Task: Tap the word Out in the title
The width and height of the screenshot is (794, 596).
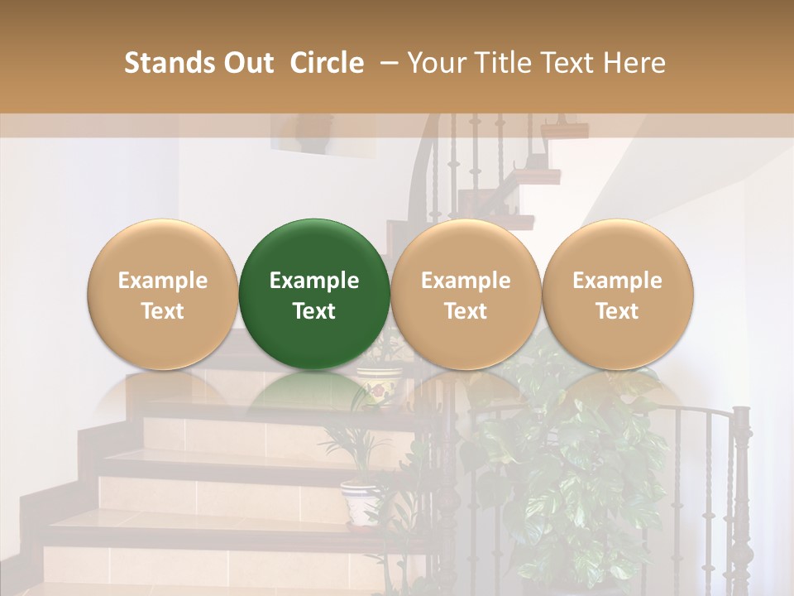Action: click(247, 63)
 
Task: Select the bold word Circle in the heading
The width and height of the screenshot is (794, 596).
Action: click(327, 63)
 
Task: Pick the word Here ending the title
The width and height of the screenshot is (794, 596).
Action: click(634, 63)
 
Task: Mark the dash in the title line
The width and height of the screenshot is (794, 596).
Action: click(385, 63)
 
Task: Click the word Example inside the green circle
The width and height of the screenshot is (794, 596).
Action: click(314, 281)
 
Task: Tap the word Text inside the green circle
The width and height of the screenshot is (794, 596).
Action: click(314, 311)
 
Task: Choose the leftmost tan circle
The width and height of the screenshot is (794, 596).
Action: click(162, 294)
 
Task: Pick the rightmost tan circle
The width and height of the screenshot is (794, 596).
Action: click(617, 294)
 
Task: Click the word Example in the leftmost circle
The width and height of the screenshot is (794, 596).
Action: click(162, 281)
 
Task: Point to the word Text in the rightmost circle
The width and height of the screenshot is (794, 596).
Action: click(617, 311)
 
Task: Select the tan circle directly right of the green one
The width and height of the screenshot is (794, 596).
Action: click(466, 294)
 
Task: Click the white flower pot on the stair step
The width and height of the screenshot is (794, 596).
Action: click(361, 502)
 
